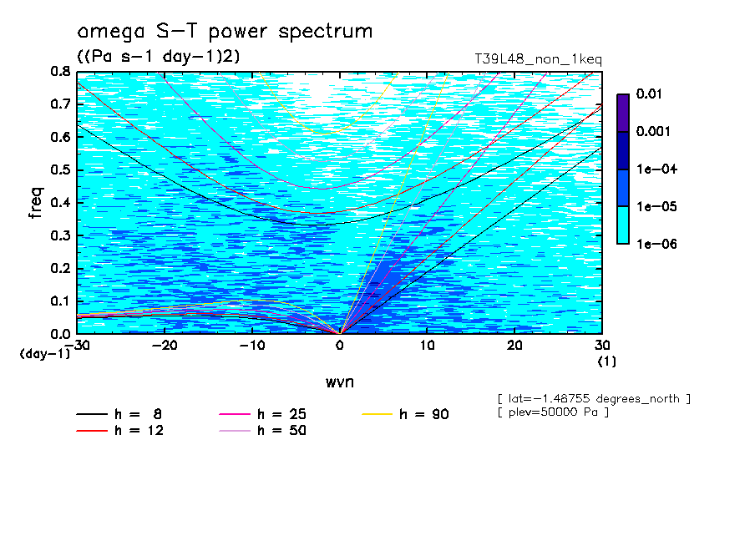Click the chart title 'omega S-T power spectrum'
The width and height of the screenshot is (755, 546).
[225, 33]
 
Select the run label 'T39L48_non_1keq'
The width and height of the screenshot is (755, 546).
[538, 59]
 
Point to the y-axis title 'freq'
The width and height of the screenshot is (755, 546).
[36, 202]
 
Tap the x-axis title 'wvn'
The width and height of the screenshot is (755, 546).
[339, 382]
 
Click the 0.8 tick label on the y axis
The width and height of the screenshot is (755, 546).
[61, 72]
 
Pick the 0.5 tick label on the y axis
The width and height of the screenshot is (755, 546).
[61, 170]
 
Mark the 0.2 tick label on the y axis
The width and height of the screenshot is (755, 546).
[61, 268]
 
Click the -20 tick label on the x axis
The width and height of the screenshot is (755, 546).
[165, 346]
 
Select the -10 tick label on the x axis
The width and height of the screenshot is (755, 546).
[252, 346]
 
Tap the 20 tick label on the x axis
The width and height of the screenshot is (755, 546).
[514, 346]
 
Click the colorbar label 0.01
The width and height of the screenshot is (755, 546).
[649, 94]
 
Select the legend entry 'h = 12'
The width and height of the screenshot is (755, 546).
[139, 431]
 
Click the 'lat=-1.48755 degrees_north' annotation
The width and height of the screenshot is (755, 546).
[594, 398]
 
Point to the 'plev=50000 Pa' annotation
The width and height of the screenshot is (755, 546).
[553, 412]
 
